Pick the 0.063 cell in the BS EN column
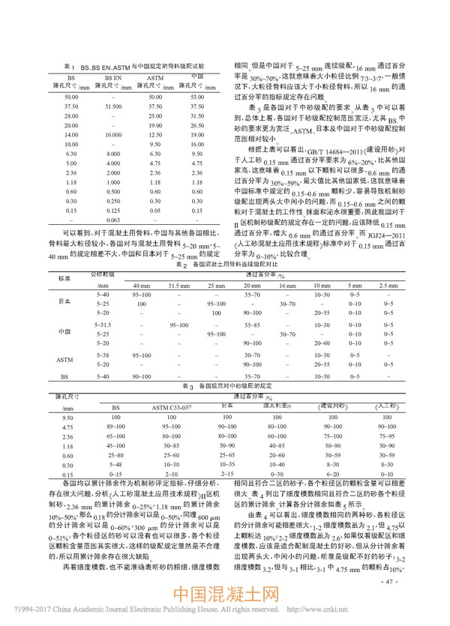[x=113, y=241]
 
